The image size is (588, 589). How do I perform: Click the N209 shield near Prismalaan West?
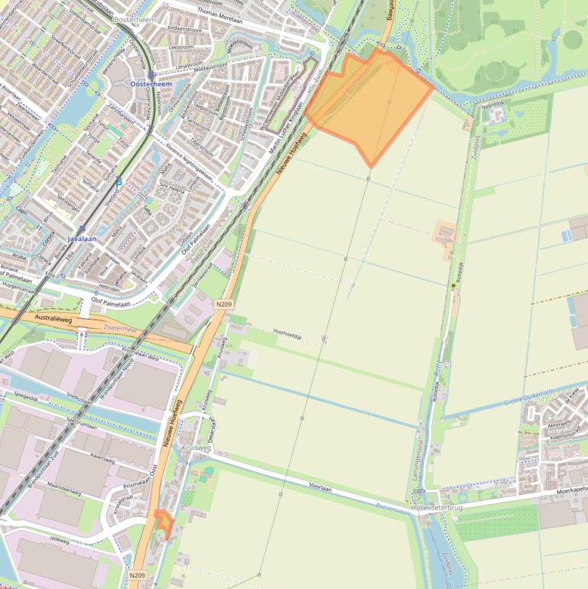click(x=223, y=304)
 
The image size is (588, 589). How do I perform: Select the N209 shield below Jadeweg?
click(x=137, y=575)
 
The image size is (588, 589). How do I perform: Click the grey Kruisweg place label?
click(x=196, y=448)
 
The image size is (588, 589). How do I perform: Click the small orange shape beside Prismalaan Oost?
click(x=163, y=520)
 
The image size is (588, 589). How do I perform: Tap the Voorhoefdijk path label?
click(x=288, y=333)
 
